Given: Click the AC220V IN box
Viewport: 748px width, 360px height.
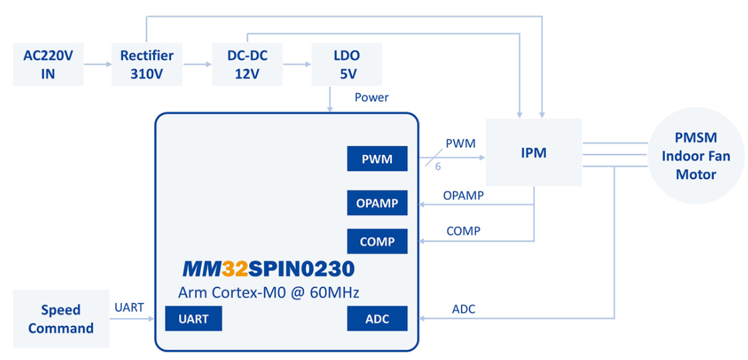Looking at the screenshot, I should coord(48,65).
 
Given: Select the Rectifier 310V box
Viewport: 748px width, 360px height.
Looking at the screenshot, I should coord(146,65).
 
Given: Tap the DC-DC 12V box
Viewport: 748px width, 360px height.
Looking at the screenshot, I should coord(247,65).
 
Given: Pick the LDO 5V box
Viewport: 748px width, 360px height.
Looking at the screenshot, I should coord(346,65).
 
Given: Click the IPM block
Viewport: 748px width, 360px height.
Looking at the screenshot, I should coord(534,152).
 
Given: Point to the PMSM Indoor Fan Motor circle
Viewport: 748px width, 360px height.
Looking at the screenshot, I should coord(695,156).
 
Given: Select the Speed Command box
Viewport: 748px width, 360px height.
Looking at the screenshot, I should coord(61,319).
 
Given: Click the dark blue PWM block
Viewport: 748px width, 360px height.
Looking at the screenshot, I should coord(377,159).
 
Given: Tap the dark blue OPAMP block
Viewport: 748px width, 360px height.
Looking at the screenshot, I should coord(377,203).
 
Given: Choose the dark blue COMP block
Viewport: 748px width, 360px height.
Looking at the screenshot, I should coord(377,242).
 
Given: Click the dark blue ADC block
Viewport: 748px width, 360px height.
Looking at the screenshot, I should coord(377,318).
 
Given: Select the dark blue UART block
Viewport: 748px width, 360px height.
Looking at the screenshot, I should coord(194,318).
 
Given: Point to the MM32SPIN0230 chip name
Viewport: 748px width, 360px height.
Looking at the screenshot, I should coord(268,269).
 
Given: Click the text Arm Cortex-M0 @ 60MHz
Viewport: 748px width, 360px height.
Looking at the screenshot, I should coord(269,293).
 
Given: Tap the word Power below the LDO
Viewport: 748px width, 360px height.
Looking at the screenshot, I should coord(371,98).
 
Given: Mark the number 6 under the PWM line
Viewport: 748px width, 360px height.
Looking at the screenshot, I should coord(438,167).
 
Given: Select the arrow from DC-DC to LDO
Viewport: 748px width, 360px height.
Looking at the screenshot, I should coord(296,65).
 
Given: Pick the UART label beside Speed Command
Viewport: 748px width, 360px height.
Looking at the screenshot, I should coord(130,307).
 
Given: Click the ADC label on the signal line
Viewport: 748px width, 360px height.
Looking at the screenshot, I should coord(464,309).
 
